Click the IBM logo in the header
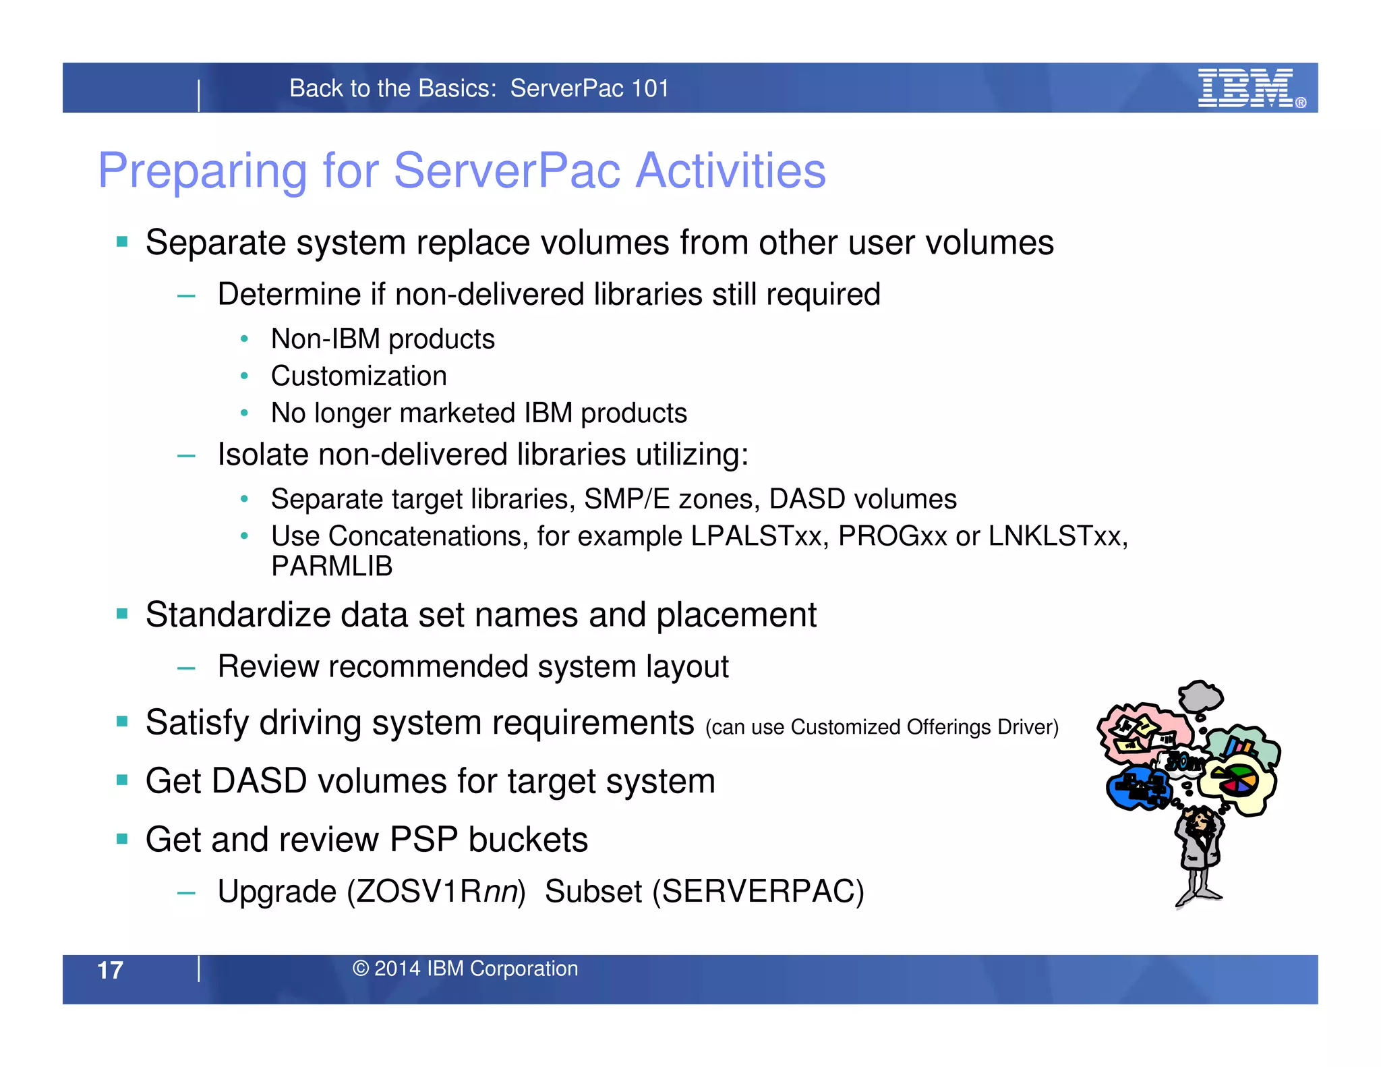tap(1246, 88)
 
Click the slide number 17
tap(110, 970)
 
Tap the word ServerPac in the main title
tap(506, 171)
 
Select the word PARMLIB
tap(332, 567)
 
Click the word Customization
tap(359, 376)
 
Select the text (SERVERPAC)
tap(758, 892)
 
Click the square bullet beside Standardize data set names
tap(122, 614)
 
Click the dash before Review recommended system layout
tap(186, 668)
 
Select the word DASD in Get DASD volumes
tap(260, 781)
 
